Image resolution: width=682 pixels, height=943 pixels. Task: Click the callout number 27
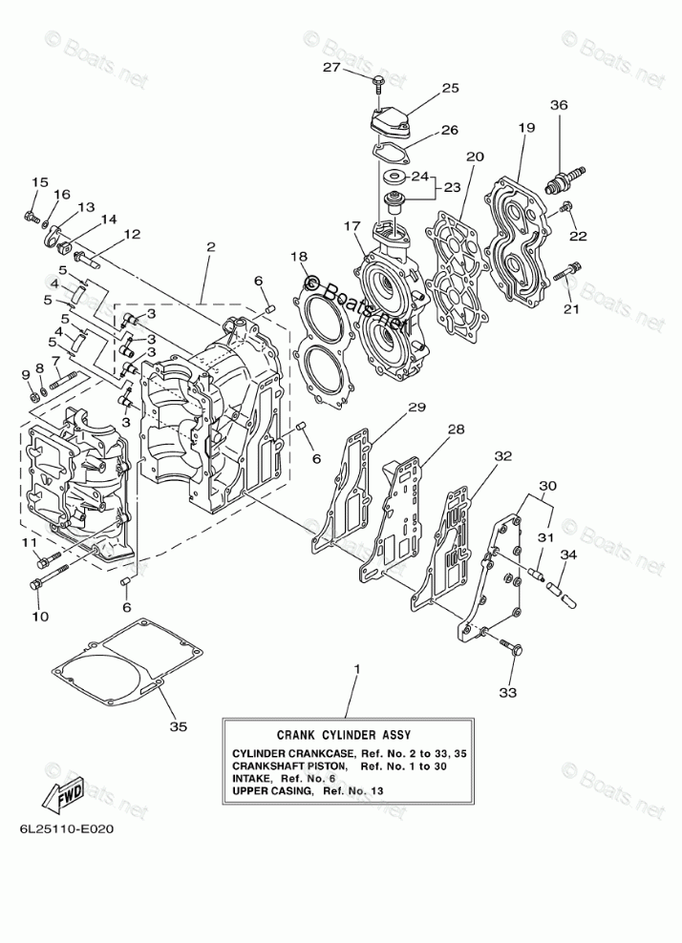coord(330,67)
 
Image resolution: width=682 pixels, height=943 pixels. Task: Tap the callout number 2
coord(210,248)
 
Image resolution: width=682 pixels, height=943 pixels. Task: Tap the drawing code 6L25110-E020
coord(66,828)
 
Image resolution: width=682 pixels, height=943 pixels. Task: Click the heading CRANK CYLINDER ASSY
coord(343,735)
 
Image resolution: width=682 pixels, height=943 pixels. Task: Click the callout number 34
coord(568,555)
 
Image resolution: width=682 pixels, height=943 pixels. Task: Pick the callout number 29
coord(416,409)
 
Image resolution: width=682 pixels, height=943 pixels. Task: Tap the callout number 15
coord(39,182)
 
